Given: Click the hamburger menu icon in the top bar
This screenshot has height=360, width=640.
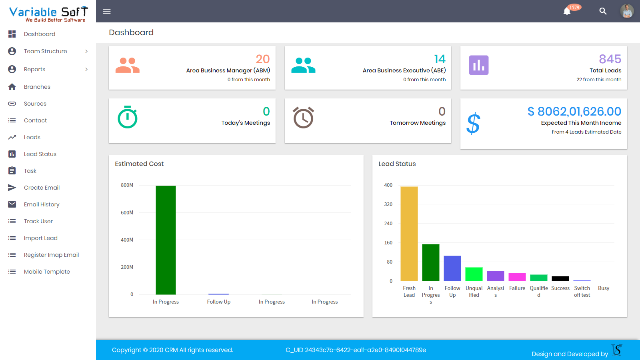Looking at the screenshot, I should point(107,11).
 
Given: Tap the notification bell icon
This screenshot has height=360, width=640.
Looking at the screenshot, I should point(567,11).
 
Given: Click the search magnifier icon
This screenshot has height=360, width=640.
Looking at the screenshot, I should point(603,11).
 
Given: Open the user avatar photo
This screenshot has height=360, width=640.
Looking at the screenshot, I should point(627,11).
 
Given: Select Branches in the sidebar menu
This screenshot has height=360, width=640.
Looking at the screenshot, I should point(37,87).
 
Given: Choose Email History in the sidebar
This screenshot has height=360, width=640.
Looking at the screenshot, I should point(42,204).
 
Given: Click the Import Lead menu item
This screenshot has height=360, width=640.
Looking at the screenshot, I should point(40,238).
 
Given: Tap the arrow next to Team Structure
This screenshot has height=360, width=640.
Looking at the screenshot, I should point(86,51).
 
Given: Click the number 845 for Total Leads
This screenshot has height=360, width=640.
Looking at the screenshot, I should point(610,59).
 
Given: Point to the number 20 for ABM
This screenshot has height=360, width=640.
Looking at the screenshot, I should point(263,59).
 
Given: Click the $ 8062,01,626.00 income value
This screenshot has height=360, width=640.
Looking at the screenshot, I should point(574,111).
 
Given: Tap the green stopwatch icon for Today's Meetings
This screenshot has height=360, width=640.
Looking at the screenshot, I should point(128,117).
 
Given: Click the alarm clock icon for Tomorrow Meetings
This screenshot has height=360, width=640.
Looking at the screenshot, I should point(303,118).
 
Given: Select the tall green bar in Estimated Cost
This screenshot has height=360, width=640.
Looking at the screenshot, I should point(166,240).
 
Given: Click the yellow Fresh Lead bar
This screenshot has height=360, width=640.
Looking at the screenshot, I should point(409,234).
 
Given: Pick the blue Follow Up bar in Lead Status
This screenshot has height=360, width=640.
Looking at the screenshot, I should point(452,268).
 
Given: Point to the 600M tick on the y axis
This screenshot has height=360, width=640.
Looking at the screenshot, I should point(127,212).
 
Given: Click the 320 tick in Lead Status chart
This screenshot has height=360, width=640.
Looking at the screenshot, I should point(388,204).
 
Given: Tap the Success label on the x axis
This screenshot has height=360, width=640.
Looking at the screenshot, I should point(560,288).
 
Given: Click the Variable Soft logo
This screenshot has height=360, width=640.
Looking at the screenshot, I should point(48,14).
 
